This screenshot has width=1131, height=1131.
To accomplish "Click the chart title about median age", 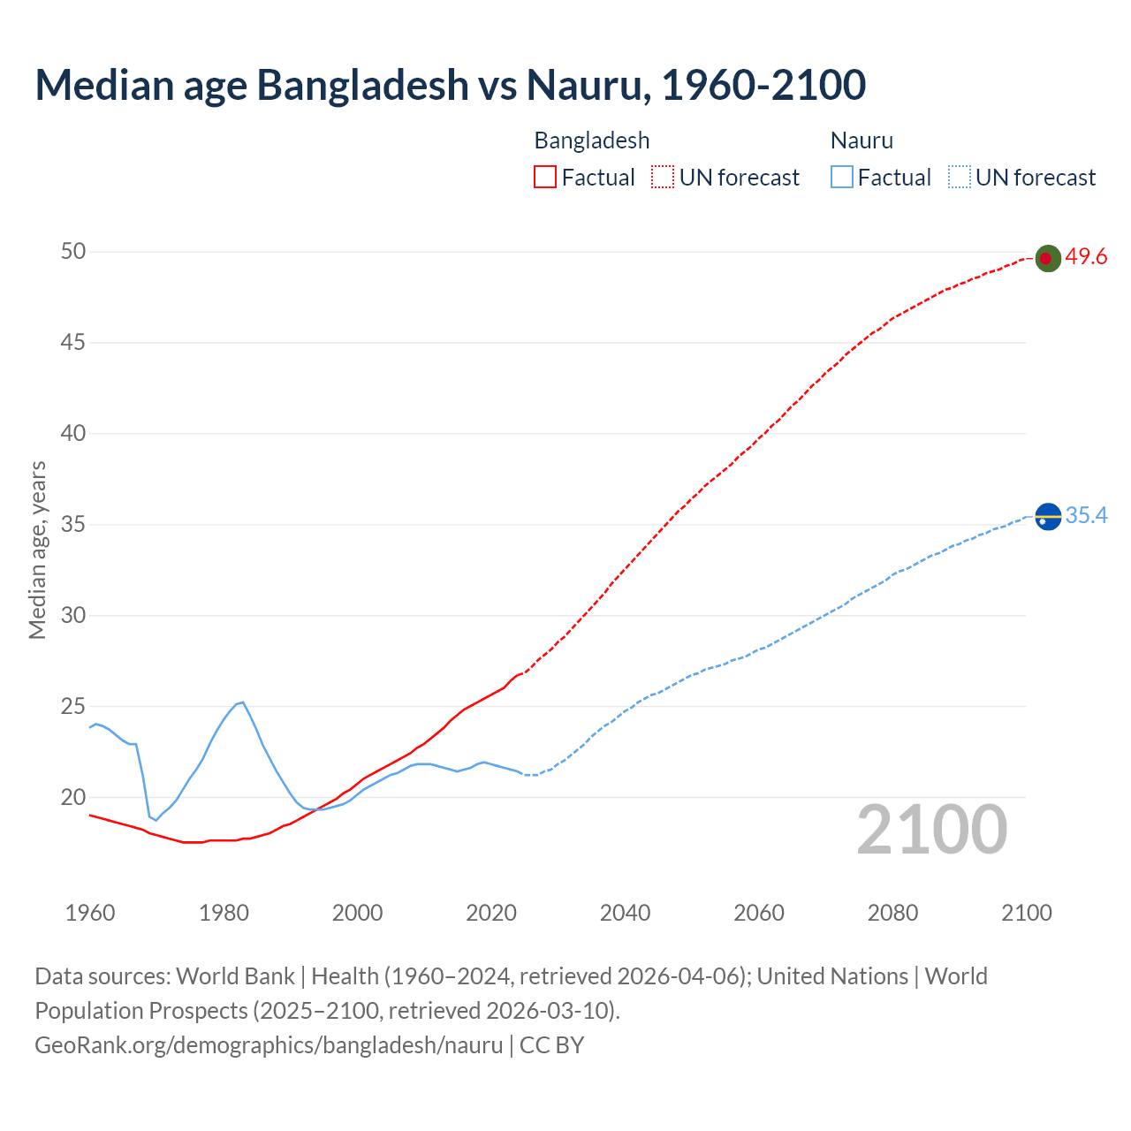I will pos(450,85).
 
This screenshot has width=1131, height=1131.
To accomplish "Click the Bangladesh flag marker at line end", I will pos(1047,258).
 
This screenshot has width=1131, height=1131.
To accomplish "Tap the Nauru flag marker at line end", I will pos(1047,516).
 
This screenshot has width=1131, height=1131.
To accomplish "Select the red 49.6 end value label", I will pos(1086,257).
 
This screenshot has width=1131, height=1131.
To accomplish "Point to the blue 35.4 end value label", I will pos(1086,515).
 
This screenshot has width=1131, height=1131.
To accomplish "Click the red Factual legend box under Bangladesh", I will pos(545,178).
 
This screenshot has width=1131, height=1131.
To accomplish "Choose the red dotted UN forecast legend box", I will pos(663,178).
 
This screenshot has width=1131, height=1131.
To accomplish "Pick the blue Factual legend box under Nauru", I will pos(841,178).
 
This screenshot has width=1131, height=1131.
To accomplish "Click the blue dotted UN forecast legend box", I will pos(959,178).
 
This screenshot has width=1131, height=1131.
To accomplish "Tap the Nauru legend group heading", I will pos(862,140).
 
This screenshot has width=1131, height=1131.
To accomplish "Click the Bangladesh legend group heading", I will pos(591,140).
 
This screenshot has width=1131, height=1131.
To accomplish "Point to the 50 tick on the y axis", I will pos(73,252).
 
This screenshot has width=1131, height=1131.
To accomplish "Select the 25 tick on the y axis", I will pos(73,707).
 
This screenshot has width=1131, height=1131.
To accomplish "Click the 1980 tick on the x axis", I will pos(224,913).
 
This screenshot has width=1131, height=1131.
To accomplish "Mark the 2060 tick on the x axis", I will pos(759,913).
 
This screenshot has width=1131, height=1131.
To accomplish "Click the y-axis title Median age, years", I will pos(37,550).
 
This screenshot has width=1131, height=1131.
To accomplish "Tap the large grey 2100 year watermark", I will pos(931,830).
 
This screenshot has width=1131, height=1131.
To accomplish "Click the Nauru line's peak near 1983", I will pos(242,702).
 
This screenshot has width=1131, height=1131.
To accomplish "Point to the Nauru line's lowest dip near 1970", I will pos(156,821).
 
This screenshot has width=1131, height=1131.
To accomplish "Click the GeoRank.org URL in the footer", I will pos(269,1045).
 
